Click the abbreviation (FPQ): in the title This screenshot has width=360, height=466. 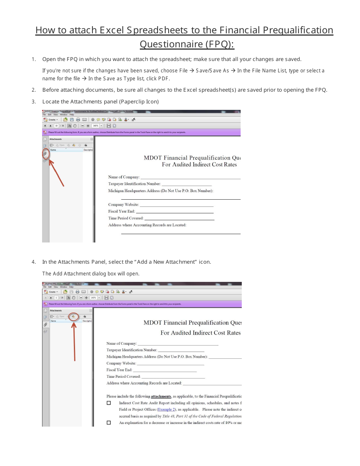(220, 44)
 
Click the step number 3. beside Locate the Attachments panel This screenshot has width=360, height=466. (34, 102)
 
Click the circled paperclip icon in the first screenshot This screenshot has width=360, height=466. (45, 153)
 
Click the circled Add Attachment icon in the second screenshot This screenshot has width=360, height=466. (74, 316)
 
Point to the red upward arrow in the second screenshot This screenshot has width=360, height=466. (74, 341)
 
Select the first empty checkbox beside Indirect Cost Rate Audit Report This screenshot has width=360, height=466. (109, 403)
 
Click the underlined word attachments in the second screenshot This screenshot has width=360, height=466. (161, 396)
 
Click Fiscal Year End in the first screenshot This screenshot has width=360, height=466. (121, 211)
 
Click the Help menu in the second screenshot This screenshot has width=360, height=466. (72, 287)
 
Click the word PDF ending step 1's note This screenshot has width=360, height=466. (164, 79)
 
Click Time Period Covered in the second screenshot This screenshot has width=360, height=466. (124, 377)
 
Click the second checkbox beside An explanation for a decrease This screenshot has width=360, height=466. (109, 423)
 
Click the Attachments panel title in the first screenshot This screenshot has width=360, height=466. (55, 139)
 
